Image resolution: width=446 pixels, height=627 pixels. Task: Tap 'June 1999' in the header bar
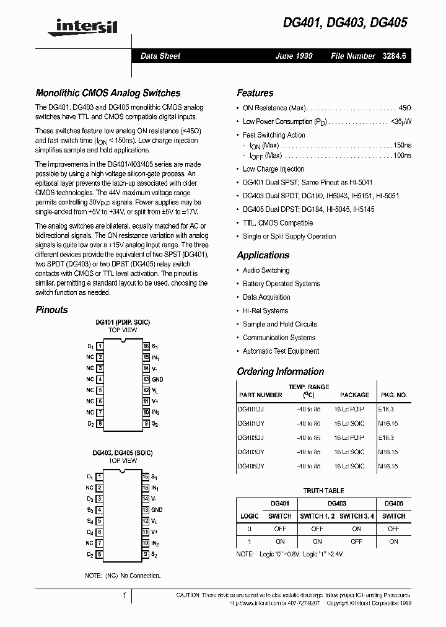(x=294, y=56)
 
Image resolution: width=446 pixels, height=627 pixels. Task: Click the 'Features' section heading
(x=255, y=93)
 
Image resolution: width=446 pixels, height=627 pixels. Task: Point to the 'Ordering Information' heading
(x=280, y=372)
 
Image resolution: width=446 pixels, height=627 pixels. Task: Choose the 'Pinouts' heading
(x=51, y=310)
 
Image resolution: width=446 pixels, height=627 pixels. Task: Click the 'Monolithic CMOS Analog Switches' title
(x=108, y=93)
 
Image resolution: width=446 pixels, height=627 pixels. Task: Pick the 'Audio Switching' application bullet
(x=266, y=270)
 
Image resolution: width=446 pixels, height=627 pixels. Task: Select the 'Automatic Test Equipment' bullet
(x=281, y=351)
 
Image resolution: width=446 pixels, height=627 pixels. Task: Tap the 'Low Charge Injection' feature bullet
(x=273, y=169)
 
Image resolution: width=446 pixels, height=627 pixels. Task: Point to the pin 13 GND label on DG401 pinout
(x=157, y=379)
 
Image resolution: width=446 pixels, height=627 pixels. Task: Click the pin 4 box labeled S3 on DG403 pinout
(x=100, y=510)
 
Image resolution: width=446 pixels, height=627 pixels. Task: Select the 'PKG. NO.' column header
(x=394, y=395)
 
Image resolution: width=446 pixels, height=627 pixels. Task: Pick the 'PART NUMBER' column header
(x=260, y=395)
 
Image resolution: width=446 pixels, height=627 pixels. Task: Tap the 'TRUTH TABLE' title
(x=323, y=491)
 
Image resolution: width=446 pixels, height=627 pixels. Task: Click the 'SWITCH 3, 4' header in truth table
(x=356, y=515)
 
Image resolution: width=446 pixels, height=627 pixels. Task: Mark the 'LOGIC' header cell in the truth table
(x=249, y=515)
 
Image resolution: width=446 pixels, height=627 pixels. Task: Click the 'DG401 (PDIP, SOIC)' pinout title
(x=123, y=323)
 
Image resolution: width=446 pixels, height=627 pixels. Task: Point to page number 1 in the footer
(x=125, y=595)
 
